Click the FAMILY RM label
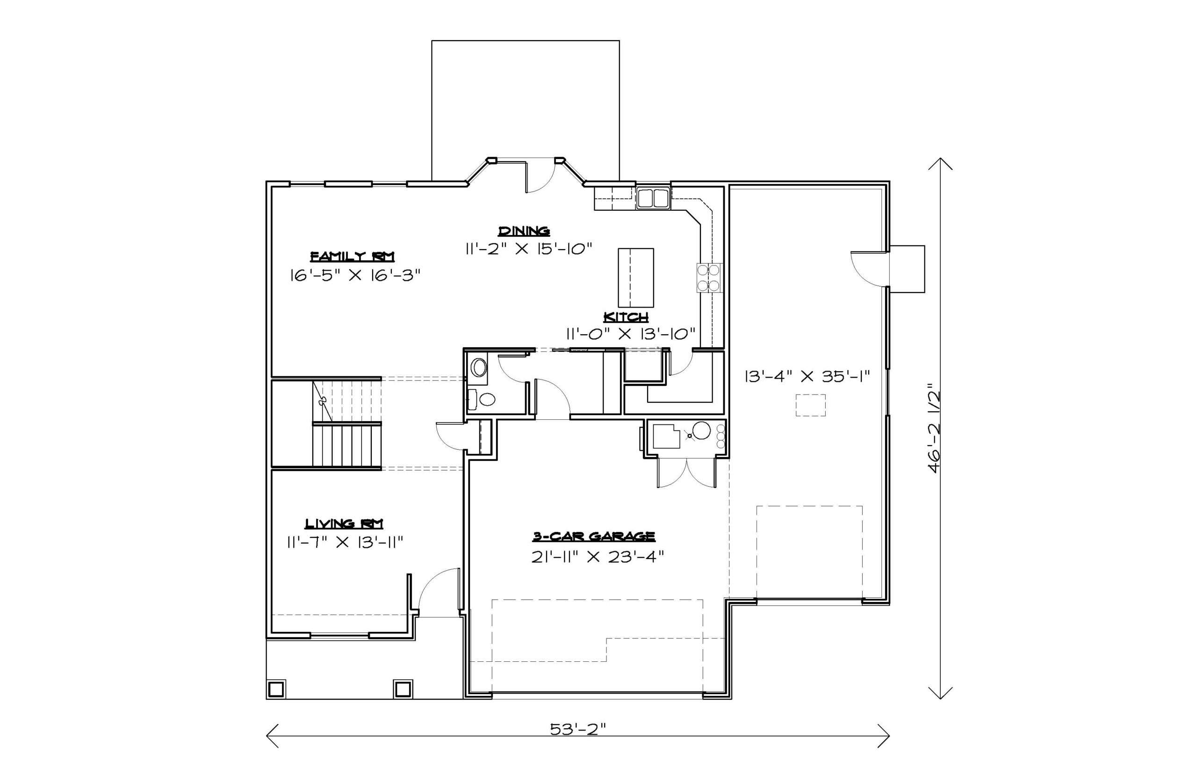pyautogui.click(x=352, y=256)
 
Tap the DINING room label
pyautogui.click(x=524, y=231)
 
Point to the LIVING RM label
pyautogui.click(x=344, y=523)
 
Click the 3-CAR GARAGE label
pyautogui.click(x=594, y=536)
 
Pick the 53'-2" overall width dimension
pyautogui.click(x=577, y=729)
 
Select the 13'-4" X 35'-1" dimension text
pyautogui.click(x=807, y=376)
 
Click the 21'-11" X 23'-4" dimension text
pyautogui.click(x=598, y=557)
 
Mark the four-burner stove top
pyautogui.click(x=708, y=278)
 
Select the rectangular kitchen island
pyautogui.click(x=636, y=278)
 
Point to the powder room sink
pyautogui.click(x=479, y=368)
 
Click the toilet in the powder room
pyautogui.click(x=482, y=400)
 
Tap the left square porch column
pyautogui.click(x=275, y=689)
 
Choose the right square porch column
pyautogui.click(x=403, y=689)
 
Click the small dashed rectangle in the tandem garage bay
pyautogui.click(x=810, y=405)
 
